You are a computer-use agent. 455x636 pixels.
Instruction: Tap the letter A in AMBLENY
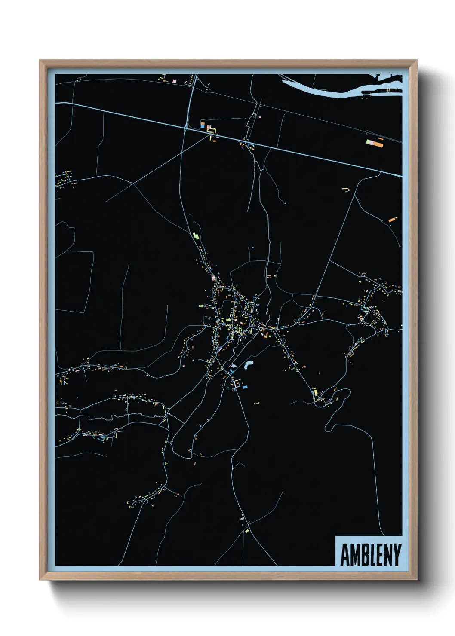(344, 555)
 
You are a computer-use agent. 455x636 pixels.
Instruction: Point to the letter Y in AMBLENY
(397, 555)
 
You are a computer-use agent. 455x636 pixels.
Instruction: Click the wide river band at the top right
(327, 89)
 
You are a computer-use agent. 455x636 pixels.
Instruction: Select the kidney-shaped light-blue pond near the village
(248, 366)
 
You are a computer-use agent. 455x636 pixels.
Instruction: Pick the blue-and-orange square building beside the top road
(202, 126)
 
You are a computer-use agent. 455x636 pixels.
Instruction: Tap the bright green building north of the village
(196, 236)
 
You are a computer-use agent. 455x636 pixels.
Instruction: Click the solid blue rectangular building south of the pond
(245, 387)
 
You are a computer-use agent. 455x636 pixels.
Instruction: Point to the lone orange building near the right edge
(391, 220)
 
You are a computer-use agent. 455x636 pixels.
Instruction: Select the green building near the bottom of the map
(247, 532)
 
